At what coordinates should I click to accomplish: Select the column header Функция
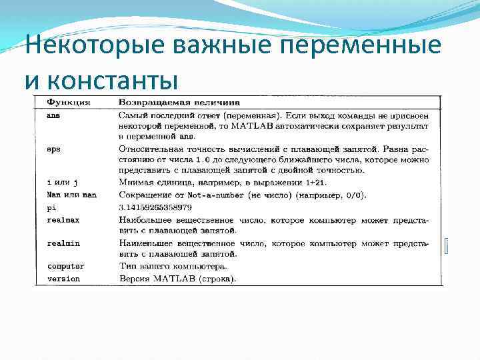(69, 103)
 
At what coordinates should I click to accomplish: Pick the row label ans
(53, 115)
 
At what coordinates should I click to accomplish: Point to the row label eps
(53, 149)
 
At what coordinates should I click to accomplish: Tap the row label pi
(51, 207)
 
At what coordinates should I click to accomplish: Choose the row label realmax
(62, 219)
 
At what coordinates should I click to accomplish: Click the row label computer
(65, 267)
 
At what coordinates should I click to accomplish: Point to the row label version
(63, 279)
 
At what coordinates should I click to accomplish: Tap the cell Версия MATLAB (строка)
(177, 279)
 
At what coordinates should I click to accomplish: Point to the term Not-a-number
(219, 195)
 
